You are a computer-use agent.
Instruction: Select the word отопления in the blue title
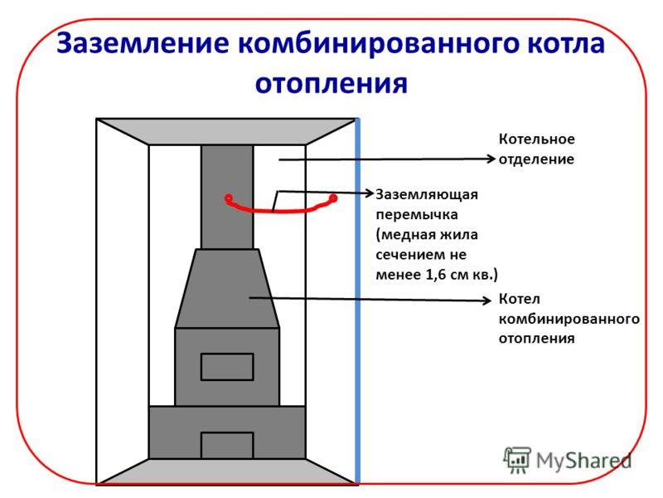[331, 82]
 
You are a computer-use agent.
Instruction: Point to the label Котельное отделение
[535, 149]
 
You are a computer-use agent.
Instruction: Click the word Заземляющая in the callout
[428, 194]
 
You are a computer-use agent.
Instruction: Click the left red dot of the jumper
[228, 198]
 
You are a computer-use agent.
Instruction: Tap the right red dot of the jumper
[334, 198]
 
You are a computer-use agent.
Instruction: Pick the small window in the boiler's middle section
[227, 366]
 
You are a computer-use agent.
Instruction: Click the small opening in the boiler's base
[227, 445]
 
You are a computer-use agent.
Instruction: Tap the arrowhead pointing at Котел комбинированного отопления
[489, 300]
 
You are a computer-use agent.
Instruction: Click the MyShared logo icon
[517, 459]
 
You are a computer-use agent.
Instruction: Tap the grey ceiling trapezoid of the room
[226, 131]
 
